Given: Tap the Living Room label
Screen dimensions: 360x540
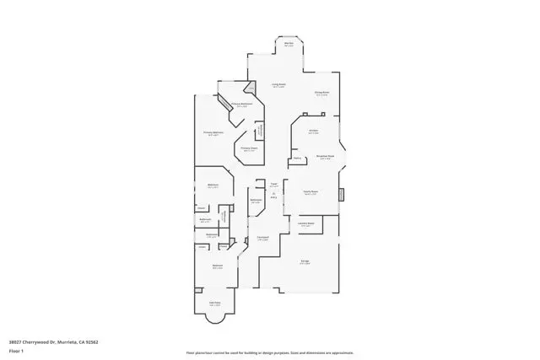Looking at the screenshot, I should (278, 85).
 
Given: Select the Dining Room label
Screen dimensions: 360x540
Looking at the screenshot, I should (321, 94).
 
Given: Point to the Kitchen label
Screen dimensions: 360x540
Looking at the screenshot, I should (313, 132).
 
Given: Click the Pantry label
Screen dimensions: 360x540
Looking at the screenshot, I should (298, 158).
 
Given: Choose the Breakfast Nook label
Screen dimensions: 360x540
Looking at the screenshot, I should (326, 157).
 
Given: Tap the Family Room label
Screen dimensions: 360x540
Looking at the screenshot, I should (310, 192).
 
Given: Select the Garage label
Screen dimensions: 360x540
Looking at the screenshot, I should (304, 261).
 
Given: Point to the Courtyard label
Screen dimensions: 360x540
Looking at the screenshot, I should (262, 238).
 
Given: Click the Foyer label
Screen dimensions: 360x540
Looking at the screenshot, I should (274, 185).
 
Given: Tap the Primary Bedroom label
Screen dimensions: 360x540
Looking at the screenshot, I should (213, 133).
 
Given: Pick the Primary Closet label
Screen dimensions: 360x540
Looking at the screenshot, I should (249, 148).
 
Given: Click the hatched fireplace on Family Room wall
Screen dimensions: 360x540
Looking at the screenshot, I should (343, 196).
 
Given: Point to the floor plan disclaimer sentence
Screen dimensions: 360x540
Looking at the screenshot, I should (270, 353).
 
